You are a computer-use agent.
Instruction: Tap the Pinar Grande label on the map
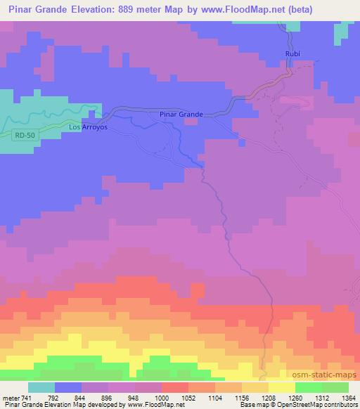tap(181, 114)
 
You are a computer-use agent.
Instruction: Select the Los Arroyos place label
tap(88, 127)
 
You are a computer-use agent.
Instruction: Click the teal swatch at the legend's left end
tap(41, 388)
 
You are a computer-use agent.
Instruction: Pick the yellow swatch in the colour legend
tap(282, 388)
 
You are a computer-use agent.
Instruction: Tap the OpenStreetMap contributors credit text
tap(324, 405)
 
